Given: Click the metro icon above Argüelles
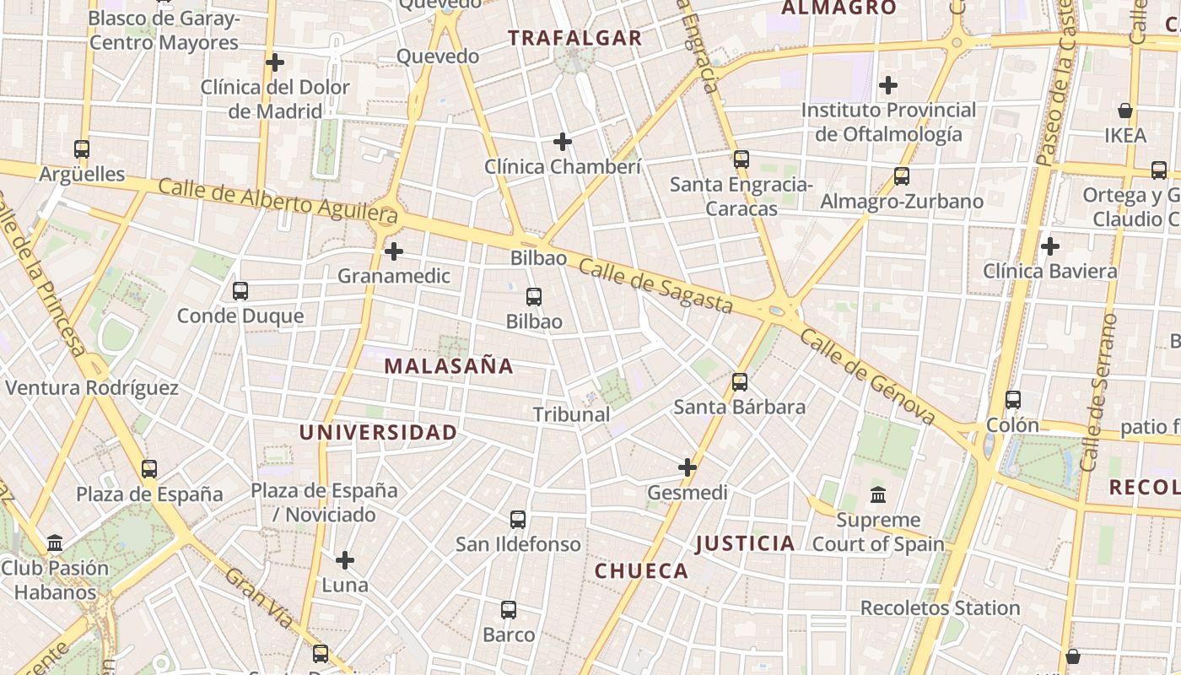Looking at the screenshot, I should click(x=82, y=149).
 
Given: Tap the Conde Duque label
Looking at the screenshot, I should click(x=240, y=316).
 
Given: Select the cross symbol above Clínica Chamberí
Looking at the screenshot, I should click(x=563, y=142).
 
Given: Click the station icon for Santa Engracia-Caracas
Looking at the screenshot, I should click(x=741, y=159).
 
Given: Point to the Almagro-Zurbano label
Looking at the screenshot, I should click(x=902, y=202).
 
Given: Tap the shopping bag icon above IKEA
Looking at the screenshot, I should click(x=1124, y=111).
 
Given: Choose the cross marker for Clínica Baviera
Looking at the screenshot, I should click(x=1050, y=246).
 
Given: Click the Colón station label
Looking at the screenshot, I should click(x=1012, y=425).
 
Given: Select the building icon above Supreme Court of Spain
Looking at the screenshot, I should click(x=878, y=494).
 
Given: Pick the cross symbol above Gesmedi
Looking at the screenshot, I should click(x=688, y=467).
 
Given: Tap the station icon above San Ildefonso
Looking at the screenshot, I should click(x=518, y=520).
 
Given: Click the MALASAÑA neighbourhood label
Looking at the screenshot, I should click(x=449, y=366).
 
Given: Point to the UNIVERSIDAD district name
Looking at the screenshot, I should click(x=378, y=433).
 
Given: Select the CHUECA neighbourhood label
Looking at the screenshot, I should click(x=642, y=571).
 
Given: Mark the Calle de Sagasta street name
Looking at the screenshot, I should click(x=655, y=286).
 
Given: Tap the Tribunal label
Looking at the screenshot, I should click(x=571, y=414).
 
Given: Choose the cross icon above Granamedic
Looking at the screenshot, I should click(x=394, y=251).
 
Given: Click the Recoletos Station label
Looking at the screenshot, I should click(x=941, y=607).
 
